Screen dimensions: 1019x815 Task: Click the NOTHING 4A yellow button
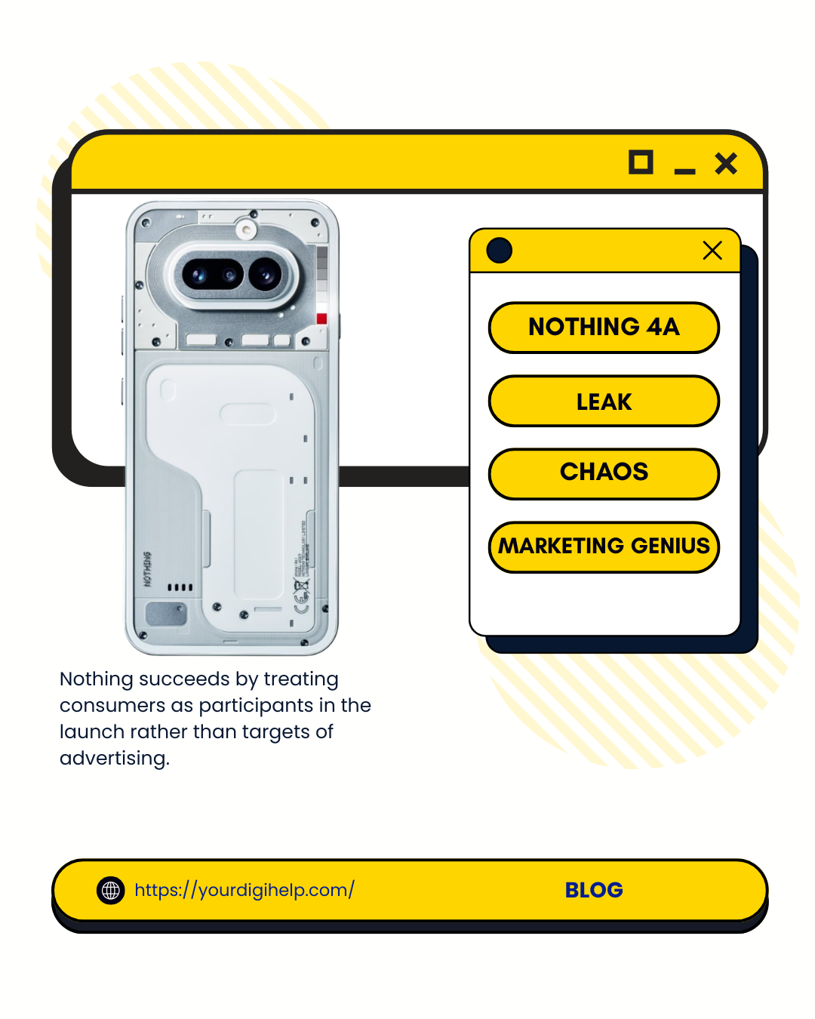[x=604, y=327]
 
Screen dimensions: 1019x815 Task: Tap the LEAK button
[x=604, y=402]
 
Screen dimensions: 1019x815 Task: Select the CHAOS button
[x=604, y=473]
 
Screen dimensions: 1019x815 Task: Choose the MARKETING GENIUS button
[x=604, y=546]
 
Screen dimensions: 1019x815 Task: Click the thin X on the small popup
[x=712, y=251]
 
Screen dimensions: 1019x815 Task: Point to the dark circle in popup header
[x=500, y=251]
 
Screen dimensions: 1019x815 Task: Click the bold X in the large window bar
[x=726, y=163]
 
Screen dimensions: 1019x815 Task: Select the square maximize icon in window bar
[x=641, y=162]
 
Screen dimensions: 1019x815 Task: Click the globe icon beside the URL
[x=111, y=891]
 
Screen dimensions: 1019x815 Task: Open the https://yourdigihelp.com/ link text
[x=244, y=890]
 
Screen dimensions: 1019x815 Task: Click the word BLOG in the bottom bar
[x=594, y=890]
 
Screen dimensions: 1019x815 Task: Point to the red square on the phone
[x=321, y=319]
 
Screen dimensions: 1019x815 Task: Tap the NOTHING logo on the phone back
[x=147, y=569]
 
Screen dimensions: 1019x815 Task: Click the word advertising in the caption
[x=113, y=758]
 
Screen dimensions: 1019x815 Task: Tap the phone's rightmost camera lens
[x=265, y=274]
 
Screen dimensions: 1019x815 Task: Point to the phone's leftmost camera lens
[x=198, y=274]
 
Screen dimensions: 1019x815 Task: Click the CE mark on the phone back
[x=301, y=601]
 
